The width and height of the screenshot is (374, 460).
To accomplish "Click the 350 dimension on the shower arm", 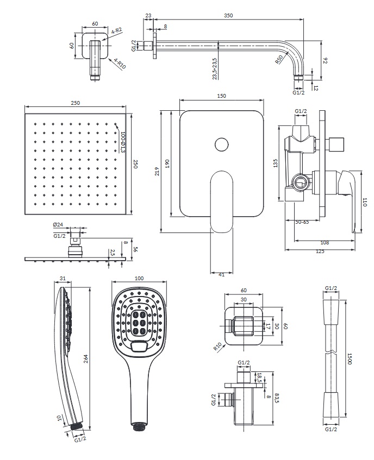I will click(228, 16).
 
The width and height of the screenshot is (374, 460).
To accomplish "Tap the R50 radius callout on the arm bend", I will click(279, 59).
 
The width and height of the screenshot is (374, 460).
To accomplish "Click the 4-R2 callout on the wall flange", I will click(117, 32).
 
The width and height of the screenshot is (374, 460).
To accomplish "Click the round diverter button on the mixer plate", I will click(222, 144).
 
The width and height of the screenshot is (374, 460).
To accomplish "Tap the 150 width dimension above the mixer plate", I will click(221, 96).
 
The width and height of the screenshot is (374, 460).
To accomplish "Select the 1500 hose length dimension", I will click(350, 358).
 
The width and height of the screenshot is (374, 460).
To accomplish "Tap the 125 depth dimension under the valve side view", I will click(320, 251).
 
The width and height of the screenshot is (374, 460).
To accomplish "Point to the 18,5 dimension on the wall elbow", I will click(260, 377).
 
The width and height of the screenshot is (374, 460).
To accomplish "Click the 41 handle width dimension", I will click(222, 274).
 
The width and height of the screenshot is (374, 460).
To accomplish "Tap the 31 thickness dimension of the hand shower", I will click(63, 278).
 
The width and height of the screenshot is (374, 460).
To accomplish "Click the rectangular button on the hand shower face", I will click(139, 344).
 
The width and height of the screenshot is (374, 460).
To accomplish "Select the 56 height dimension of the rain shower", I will click(135, 249).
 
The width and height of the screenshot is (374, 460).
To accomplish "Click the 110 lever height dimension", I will click(365, 202).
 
